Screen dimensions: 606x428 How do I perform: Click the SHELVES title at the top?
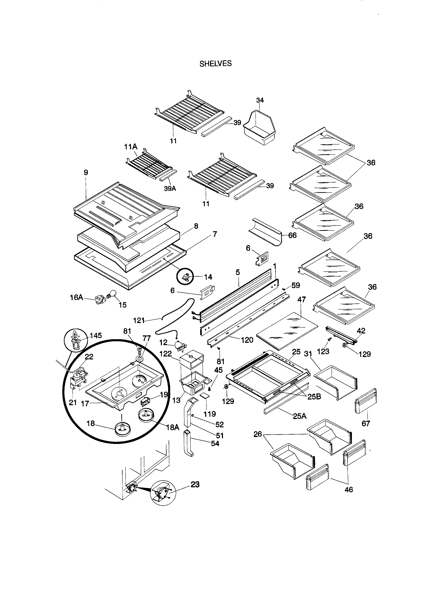click(x=215, y=64)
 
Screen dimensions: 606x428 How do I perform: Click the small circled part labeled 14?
click(x=186, y=277)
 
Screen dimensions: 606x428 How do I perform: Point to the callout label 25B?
click(x=314, y=397)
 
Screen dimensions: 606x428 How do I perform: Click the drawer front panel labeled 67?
click(x=366, y=401)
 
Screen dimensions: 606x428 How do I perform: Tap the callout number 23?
click(x=195, y=484)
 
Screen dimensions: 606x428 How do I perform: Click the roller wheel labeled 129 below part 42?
click(x=344, y=346)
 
